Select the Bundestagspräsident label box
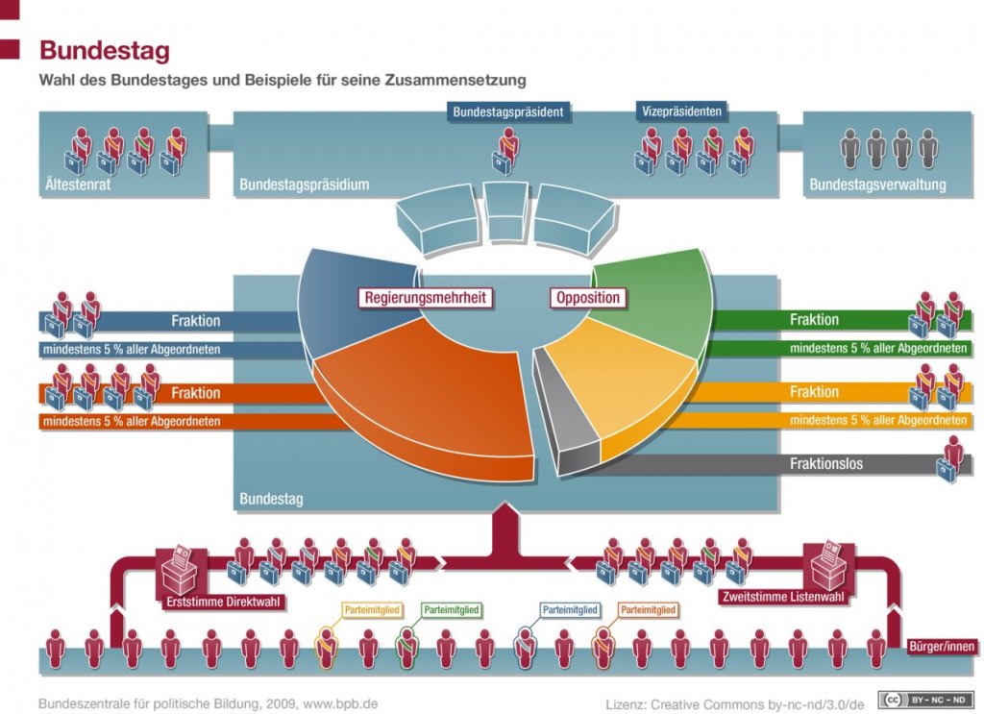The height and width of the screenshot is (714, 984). pos(508,112)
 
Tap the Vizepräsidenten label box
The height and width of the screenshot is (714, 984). pos(680,112)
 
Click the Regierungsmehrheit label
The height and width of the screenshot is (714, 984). pos(427,298)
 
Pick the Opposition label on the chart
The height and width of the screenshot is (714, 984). pos(588,298)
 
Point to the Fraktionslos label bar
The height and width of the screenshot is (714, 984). pos(825,464)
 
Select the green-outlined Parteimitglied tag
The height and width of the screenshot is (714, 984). pos(452,610)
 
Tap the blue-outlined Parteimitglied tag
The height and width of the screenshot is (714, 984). pos(570,610)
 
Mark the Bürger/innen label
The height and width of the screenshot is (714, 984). pos(941,646)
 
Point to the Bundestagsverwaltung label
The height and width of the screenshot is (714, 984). pos(877,185)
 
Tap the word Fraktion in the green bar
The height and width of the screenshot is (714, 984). pos(814,320)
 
